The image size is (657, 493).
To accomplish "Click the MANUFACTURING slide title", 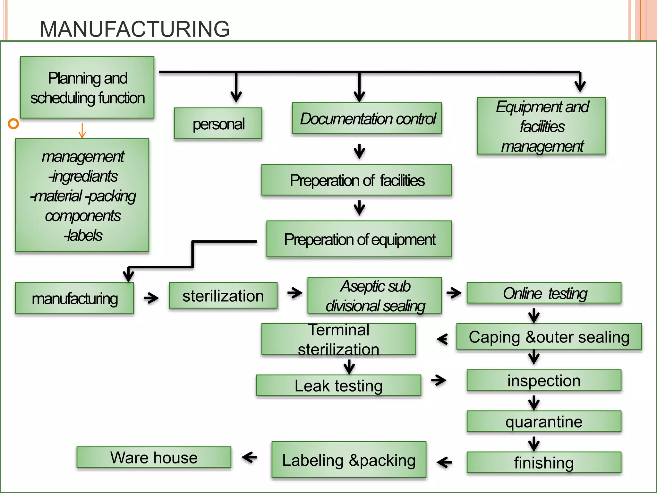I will pos(134,29).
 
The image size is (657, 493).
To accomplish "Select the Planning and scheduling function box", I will pos(87,88).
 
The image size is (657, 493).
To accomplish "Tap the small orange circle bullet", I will pos(13,124).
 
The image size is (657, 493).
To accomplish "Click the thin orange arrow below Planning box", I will pos(82,131).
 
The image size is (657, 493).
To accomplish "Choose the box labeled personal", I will pos(218,124).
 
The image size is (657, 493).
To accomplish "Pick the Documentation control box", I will pos(367,118).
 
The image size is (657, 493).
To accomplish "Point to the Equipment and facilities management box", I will pos(542,126).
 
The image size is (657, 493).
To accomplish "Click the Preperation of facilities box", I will pos(357,180).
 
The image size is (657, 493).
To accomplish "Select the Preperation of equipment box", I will pos(359,239).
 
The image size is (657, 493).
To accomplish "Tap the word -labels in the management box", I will pos(83,235).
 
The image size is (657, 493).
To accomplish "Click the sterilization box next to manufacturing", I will pos(223,296).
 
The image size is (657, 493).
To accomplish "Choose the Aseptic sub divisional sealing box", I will pos(375,296).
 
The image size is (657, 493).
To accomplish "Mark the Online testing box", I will pos(544,293).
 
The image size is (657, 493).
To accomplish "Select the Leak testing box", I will pos(339,385).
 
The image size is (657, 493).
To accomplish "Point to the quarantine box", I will pos(544,421).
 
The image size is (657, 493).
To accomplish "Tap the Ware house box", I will pos(154,457).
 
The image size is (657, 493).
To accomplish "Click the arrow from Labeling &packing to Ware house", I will pos(249,457).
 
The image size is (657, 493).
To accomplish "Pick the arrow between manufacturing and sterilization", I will pos(151,298).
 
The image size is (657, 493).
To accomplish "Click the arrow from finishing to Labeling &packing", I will pos(444,463).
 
